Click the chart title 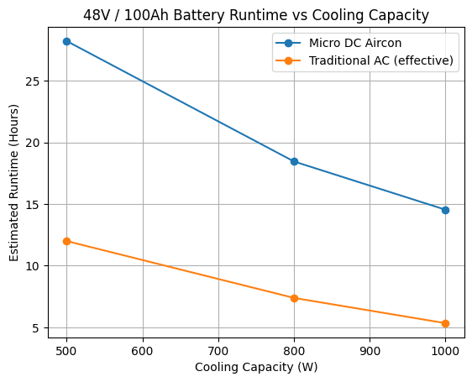coord(256,14)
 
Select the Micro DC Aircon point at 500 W coord(66,41)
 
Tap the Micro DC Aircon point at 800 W coord(294,161)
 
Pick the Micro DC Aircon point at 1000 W coord(445,210)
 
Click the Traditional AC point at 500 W coord(66,241)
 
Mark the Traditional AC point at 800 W coord(294,298)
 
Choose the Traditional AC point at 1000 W coord(445,323)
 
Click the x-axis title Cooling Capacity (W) coord(256,367)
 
